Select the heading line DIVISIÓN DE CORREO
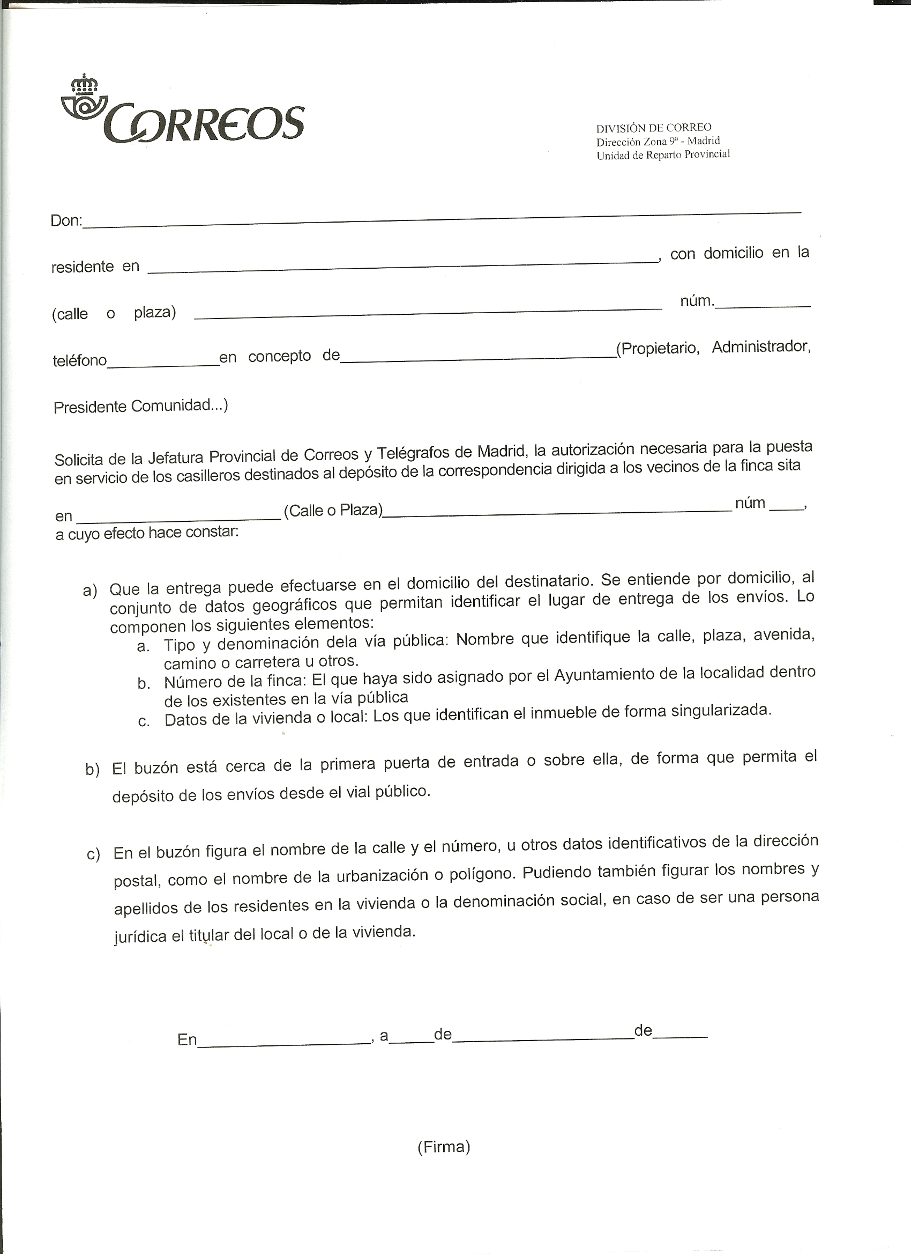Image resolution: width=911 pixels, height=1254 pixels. [654, 128]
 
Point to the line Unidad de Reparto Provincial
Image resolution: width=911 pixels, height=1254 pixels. [663, 155]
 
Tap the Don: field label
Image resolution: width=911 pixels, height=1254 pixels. [66, 220]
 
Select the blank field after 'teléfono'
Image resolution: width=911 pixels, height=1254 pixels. [163, 360]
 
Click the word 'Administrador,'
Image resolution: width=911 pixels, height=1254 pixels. [761, 347]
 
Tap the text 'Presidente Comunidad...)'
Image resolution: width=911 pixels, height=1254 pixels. [141, 407]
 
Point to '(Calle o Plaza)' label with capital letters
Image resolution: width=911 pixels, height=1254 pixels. [333, 510]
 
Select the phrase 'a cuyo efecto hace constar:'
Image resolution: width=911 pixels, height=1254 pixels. [147, 534]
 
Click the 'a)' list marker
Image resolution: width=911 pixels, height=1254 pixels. [90, 591]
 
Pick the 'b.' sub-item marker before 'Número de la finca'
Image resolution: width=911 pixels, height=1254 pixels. [144, 684]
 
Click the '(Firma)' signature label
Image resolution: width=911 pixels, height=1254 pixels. [444, 1147]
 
